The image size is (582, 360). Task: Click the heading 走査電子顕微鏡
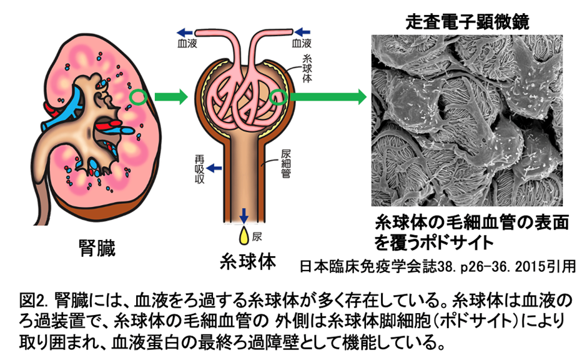[x=467, y=22]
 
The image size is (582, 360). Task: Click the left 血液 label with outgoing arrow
[x=187, y=43]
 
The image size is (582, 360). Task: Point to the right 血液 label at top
[x=302, y=43]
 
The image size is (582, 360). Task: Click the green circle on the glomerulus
[x=279, y=97]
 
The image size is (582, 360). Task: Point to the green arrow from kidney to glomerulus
[x=169, y=97]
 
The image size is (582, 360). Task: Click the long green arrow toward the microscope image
[x=328, y=97]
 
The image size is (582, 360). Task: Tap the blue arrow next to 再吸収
[x=216, y=167]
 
